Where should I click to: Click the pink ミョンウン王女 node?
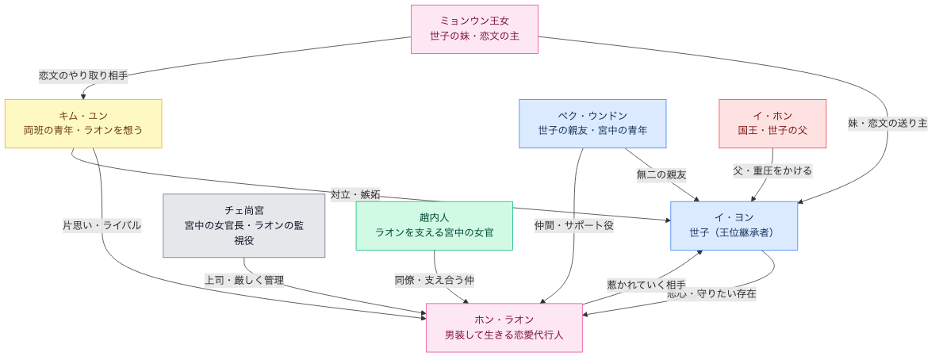click(x=474, y=29)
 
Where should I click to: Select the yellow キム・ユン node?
click(x=83, y=124)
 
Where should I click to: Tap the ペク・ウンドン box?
click(x=592, y=124)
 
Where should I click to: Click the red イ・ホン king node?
click(x=772, y=124)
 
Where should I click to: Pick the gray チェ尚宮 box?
click(x=243, y=226)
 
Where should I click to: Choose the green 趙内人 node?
click(x=434, y=226)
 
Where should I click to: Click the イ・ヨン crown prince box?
click(x=733, y=226)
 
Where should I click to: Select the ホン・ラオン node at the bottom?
click(x=504, y=327)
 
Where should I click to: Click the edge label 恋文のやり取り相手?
click(x=83, y=76)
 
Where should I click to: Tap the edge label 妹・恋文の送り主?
click(x=887, y=124)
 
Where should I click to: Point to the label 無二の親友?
click(x=661, y=174)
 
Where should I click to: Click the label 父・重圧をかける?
click(x=772, y=170)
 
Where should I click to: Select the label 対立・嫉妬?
click(x=355, y=194)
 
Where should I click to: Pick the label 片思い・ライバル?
click(x=102, y=225)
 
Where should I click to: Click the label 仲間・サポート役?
click(x=574, y=225)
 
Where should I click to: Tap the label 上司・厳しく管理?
click(x=244, y=280)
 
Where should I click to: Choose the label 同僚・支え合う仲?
click(x=435, y=280)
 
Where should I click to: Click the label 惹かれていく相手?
click(x=646, y=285)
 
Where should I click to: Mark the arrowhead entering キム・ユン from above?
click(x=83, y=96)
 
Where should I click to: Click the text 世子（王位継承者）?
click(x=733, y=233)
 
